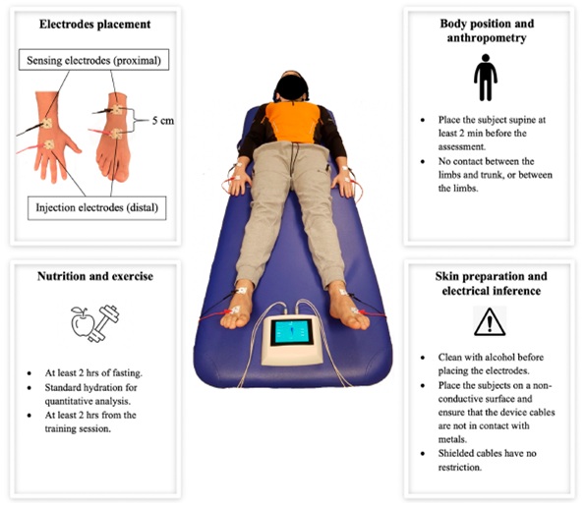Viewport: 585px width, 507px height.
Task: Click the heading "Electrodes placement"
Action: pos(94,25)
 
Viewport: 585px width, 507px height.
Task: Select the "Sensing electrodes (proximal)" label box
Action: pos(93,60)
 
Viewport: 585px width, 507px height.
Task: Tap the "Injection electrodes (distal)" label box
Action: pos(96,207)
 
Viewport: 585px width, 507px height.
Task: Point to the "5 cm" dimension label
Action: pos(163,121)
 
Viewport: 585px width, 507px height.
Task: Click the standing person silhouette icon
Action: pos(486,78)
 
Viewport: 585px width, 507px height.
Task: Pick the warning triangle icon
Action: pos(490,321)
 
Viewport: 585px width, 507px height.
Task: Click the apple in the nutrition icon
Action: pos(83,323)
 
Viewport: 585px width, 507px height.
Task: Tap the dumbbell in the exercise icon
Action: pos(103,323)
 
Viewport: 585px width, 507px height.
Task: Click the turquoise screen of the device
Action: pos(292,331)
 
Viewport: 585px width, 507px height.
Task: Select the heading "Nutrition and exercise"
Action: pos(95,276)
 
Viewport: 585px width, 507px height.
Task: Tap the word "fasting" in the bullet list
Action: pos(127,372)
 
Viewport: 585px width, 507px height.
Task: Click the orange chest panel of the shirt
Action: pos(292,123)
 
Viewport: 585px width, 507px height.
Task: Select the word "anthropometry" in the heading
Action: pos(487,38)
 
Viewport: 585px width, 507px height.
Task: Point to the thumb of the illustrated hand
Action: pos(74,146)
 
